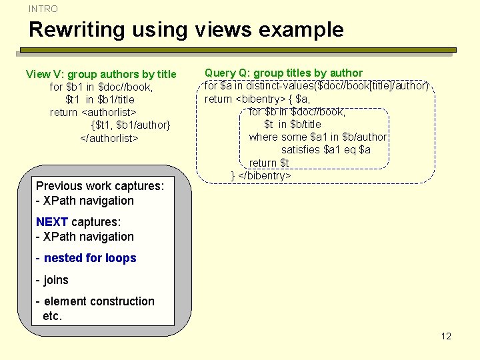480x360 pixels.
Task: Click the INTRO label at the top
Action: tap(43, 9)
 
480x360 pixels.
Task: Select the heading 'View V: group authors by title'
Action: tap(101, 74)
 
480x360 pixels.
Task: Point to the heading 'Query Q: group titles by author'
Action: tap(283, 73)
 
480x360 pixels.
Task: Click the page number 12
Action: tap(446, 336)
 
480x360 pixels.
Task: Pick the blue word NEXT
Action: tap(51, 222)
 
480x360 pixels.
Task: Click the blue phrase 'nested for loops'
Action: tap(90, 258)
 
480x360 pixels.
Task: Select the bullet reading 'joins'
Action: tap(56, 280)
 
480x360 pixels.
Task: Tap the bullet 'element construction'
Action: tap(99, 301)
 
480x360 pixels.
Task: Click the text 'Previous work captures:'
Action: tap(99, 186)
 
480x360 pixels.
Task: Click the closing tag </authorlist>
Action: tap(109, 138)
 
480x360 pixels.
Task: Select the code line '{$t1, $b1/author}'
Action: tap(131, 125)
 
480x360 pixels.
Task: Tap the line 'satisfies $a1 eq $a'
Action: tap(325, 149)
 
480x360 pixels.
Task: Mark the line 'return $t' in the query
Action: tap(269, 163)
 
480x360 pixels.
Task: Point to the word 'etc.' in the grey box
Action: tap(52, 316)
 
